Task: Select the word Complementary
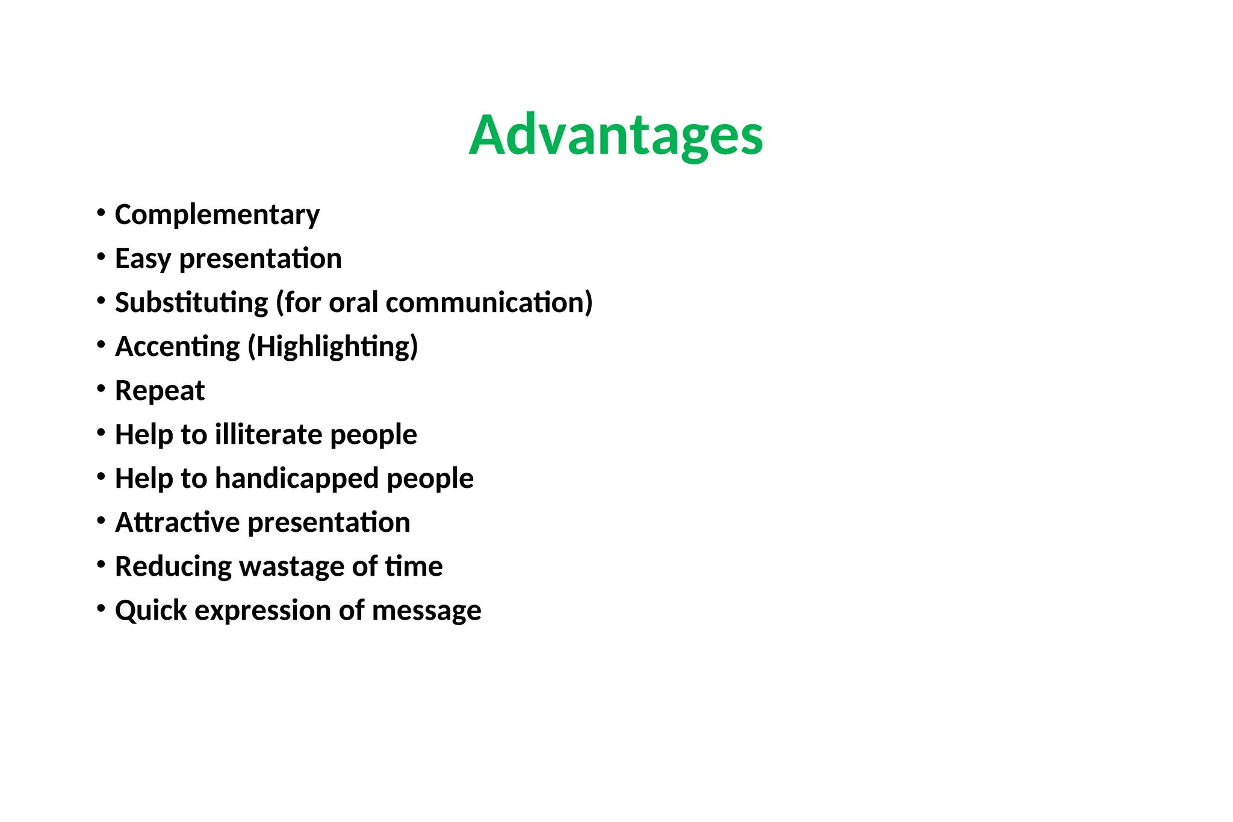(217, 215)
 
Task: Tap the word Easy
(143, 259)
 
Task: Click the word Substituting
(191, 302)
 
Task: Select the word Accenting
(178, 347)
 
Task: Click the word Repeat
(160, 391)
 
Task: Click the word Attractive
(178, 522)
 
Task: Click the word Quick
(151, 611)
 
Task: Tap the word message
(426, 611)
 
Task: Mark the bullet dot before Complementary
(101, 213)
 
